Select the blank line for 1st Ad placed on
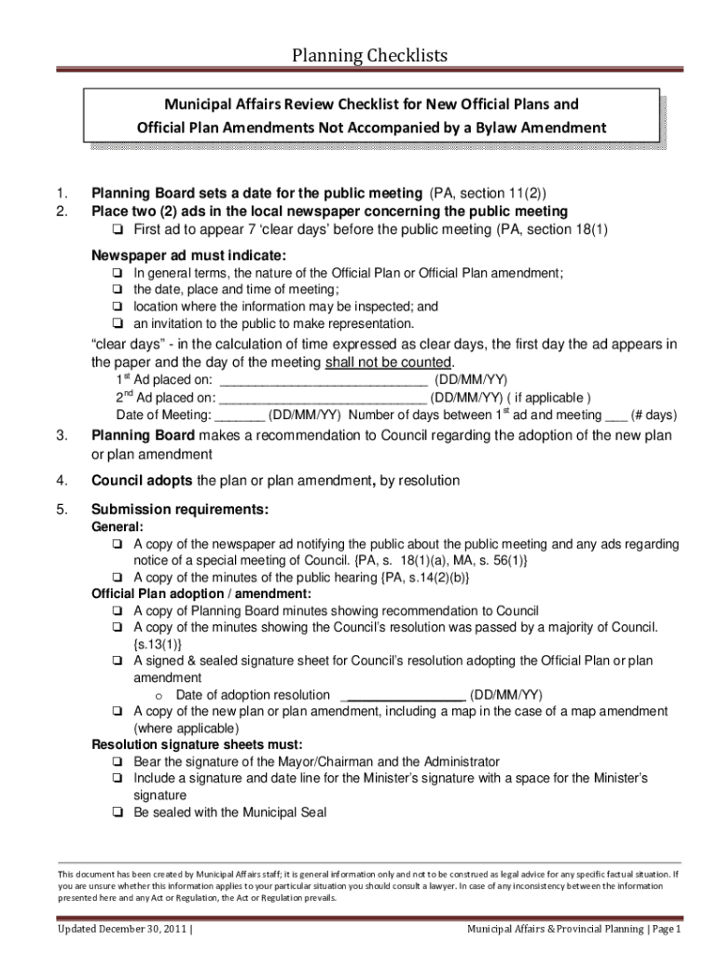point(322,380)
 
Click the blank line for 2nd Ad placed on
point(323,397)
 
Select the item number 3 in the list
point(62,436)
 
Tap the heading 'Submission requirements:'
point(180,510)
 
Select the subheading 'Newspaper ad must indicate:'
point(189,255)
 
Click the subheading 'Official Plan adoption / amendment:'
point(200,593)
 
